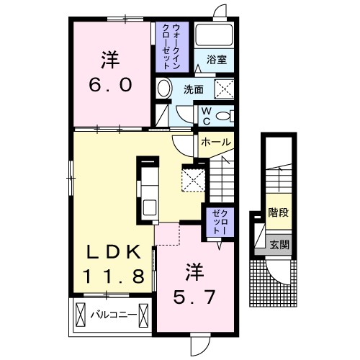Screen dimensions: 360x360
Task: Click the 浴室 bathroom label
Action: coord(217,60)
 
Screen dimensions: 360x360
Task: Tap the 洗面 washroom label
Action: coord(194,89)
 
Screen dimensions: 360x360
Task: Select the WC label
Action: coord(206,116)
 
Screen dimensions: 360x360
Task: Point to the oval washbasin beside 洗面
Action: coord(164,88)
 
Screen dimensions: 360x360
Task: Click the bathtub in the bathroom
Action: coord(214,35)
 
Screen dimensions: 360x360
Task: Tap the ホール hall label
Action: coord(216,142)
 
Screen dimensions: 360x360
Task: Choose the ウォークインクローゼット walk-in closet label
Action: coord(171,47)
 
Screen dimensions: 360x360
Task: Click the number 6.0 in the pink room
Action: coord(111,85)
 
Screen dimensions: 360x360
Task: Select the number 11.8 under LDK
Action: coord(114,276)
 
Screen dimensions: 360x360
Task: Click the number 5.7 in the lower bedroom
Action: coord(194,297)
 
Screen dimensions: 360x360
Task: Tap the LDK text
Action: coord(114,252)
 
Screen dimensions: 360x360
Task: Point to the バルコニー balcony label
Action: coord(114,315)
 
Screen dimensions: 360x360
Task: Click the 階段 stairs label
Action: coord(278,212)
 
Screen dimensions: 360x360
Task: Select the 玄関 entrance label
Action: coord(279,245)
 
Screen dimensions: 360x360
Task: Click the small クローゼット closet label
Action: coord(220,222)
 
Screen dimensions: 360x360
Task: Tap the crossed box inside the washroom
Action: coord(224,89)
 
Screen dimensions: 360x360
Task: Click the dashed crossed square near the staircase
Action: coord(194,180)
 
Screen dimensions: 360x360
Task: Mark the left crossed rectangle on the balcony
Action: coord(81,315)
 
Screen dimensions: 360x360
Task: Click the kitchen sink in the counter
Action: coord(150,208)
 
